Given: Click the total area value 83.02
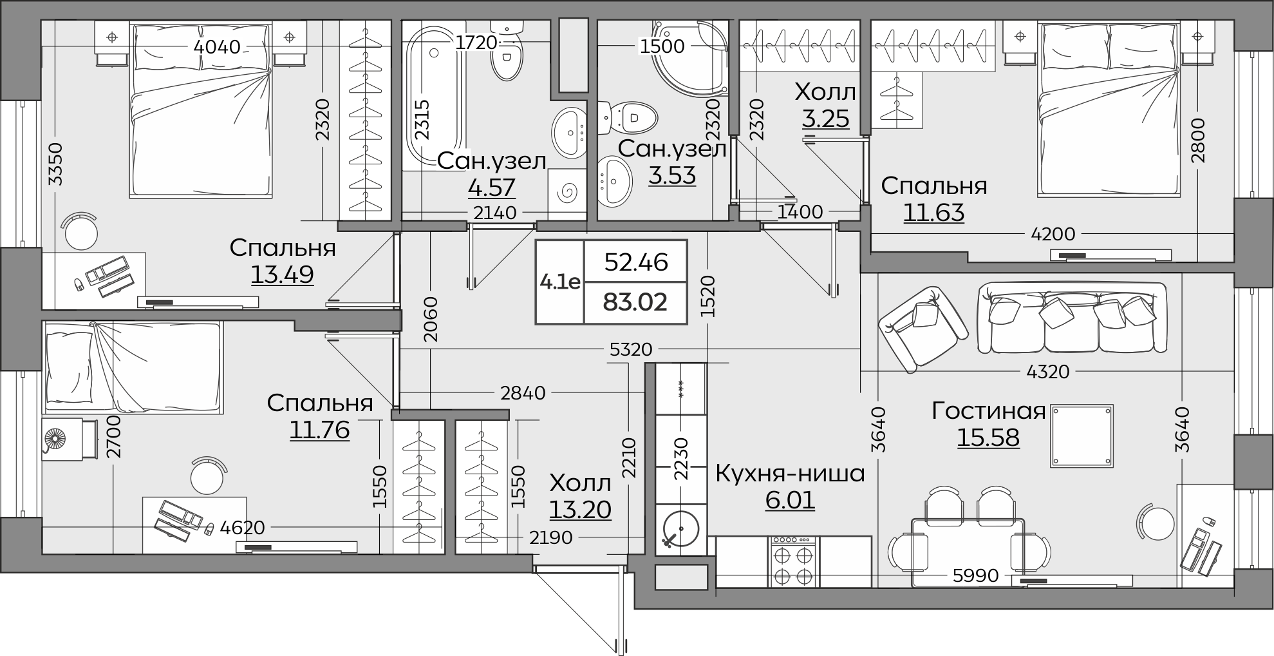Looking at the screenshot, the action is click(x=635, y=302).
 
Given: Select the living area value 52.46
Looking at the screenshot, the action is click(x=636, y=262).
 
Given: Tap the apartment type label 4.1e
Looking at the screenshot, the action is click(x=560, y=282).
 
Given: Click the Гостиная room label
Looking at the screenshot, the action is click(x=988, y=410).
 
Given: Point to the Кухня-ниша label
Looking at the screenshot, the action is click(x=790, y=474).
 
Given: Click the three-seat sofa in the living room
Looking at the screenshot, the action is click(x=1072, y=318).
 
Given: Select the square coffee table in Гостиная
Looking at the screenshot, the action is click(x=1082, y=436).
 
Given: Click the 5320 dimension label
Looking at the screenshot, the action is click(x=631, y=350).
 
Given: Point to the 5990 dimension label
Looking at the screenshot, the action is click(x=976, y=575).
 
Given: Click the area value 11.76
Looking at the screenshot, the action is click(x=319, y=430).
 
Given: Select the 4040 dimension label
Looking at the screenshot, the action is click(x=217, y=47).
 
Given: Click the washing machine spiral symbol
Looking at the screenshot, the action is click(x=568, y=191).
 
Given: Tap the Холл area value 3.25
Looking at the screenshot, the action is click(x=826, y=119).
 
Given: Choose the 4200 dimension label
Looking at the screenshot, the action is click(x=1053, y=234).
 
